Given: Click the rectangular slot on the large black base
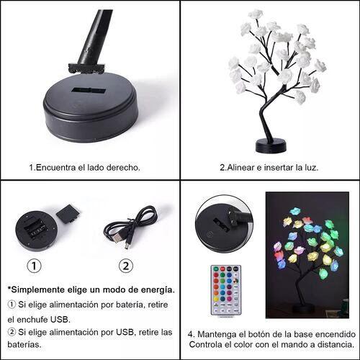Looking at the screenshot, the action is click(89, 91).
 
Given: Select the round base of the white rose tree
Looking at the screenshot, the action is click(271, 146).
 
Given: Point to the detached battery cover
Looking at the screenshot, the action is click(68, 213).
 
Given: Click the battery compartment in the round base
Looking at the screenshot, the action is click(35, 228).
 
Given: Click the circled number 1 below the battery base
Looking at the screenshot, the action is click(34, 266).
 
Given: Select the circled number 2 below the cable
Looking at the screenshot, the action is click(126, 266).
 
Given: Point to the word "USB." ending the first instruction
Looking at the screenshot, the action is click(60, 320).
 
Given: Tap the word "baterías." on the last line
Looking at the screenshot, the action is click(24, 344).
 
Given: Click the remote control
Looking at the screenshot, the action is click(226, 290).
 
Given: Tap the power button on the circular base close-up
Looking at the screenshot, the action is click(210, 234).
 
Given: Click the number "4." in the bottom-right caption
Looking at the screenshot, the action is click(192, 334).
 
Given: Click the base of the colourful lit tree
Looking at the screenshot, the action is click(302, 309).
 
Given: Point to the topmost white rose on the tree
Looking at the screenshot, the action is click(256, 14).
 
